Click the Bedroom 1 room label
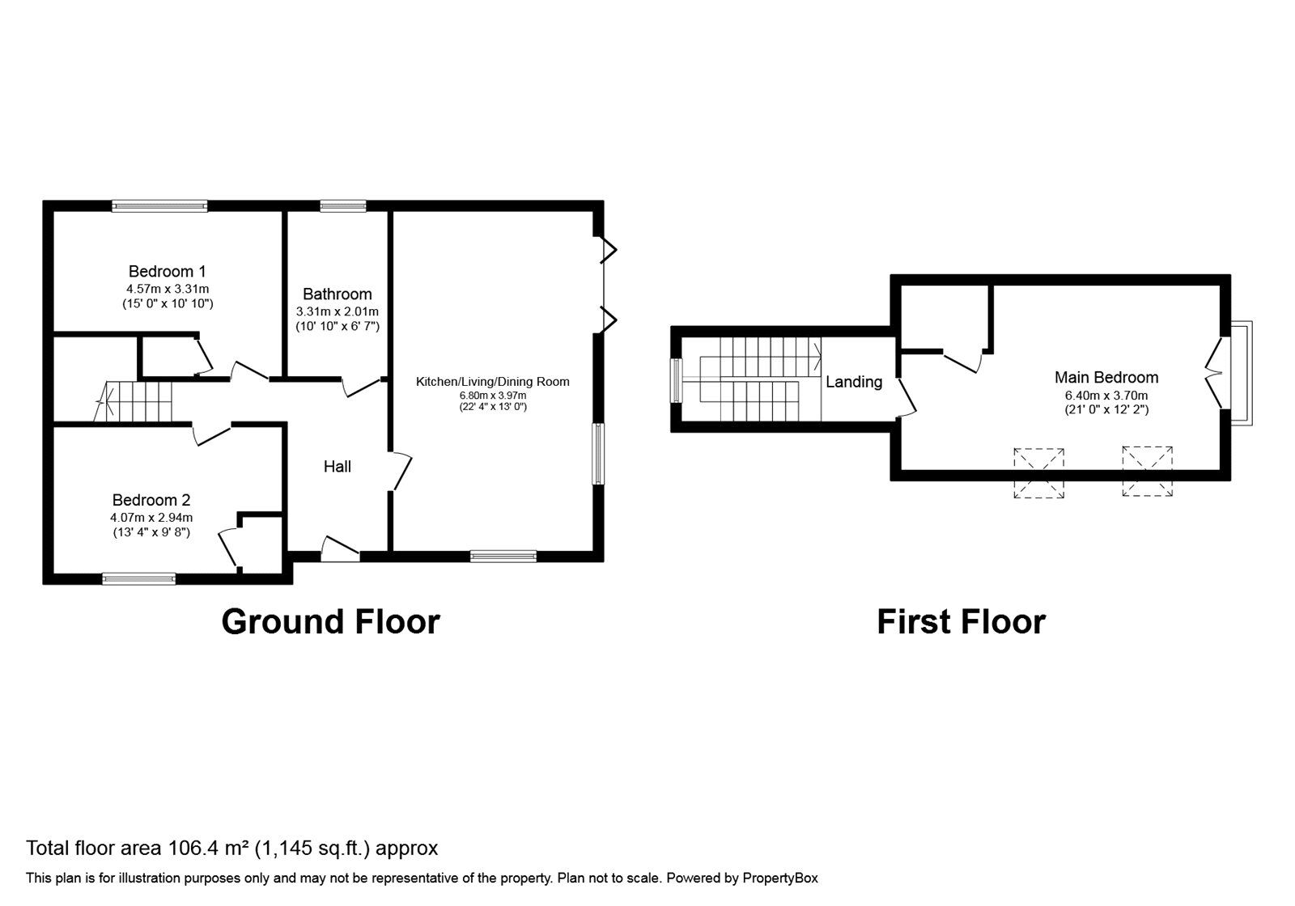tap(167, 271)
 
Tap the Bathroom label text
tap(337, 294)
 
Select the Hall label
tap(337, 466)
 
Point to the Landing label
tap(854, 382)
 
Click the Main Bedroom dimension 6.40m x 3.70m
tap(1106, 396)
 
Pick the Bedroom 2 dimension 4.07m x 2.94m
tap(151, 518)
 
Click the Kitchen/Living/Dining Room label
tap(493, 381)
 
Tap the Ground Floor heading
tap(331, 622)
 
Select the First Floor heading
tap(961, 622)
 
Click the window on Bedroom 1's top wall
tap(159, 205)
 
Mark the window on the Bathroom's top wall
tap(343, 205)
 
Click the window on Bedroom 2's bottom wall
tap(138, 578)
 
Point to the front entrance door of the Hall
tap(341, 549)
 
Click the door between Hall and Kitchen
tap(400, 471)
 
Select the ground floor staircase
tap(134, 401)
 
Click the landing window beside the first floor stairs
tap(676, 380)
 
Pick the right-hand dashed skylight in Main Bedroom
tap(1148, 471)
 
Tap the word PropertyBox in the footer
tap(780, 878)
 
